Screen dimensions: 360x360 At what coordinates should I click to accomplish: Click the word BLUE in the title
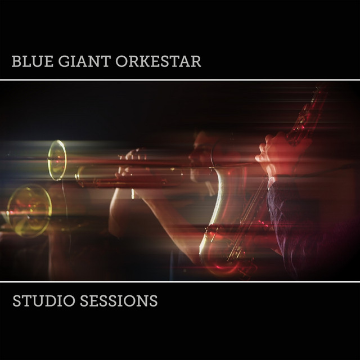[x=33, y=61]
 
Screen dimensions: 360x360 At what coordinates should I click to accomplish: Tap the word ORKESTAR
[x=158, y=61]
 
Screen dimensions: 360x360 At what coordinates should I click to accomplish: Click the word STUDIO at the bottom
[x=44, y=300]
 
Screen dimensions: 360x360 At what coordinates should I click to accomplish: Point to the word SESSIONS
[x=119, y=300]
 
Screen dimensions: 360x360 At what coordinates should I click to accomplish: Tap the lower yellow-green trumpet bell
[x=29, y=211]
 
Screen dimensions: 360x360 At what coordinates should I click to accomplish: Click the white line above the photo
[x=180, y=80]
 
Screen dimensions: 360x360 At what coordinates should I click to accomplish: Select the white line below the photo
[x=180, y=282]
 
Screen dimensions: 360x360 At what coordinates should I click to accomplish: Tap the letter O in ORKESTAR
[x=121, y=61]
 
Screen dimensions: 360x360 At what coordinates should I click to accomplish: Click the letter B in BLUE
[x=16, y=61]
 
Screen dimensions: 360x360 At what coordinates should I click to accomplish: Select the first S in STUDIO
[x=17, y=300]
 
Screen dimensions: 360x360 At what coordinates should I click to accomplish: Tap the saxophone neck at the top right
[x=308, y=115]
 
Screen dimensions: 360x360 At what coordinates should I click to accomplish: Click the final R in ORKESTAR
[x=196, y=61]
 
